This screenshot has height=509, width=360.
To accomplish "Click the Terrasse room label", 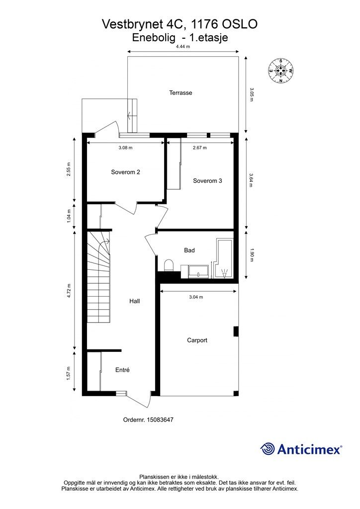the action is pyautogui.click(x=180, y=93).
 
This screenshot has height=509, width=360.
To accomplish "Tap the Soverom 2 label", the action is pyautogui.click(x=125, y=172).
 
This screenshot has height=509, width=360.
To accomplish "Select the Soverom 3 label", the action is pyautogui.click(x=207, y=181).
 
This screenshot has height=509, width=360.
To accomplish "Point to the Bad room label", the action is pyautogui.click(x=189, y=251).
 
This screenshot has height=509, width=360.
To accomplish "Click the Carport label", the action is pyautogui.click(x=197, y=340).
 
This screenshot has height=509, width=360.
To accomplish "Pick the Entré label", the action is pyautogui.click(x=122, y=370).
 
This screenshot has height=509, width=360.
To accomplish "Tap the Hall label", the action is pyautogui.click(x=134, y=301).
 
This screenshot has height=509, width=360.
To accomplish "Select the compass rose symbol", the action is pyautogui.click(x=280, y=71).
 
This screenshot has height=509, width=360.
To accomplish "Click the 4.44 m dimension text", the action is pyautogui.click(x=183, y=47).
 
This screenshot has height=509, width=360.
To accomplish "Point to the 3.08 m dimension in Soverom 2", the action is pyautogui.click(x=125, y=148).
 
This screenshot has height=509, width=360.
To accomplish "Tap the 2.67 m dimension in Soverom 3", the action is pyautogui.click(x=199, y=148).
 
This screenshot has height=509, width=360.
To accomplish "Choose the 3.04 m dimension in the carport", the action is pyautogui.click(x=196, y=297).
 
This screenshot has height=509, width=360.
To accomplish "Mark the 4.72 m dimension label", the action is pyautogui.click(x=69, y=290).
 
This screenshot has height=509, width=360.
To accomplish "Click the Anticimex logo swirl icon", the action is pyautogui.click(x=267, y=449).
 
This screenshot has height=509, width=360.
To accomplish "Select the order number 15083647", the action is pyautogui.click(x=160, y=420).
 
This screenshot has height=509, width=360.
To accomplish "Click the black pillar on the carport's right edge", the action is pyautogui.click(x=236, y=332).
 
